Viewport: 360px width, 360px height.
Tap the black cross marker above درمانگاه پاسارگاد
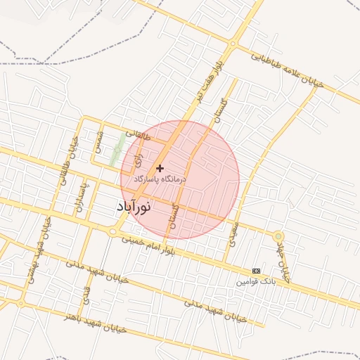(160, 168)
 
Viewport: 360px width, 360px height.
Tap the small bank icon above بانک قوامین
(256, 271)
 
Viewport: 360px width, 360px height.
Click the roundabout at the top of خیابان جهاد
(279, 236)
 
